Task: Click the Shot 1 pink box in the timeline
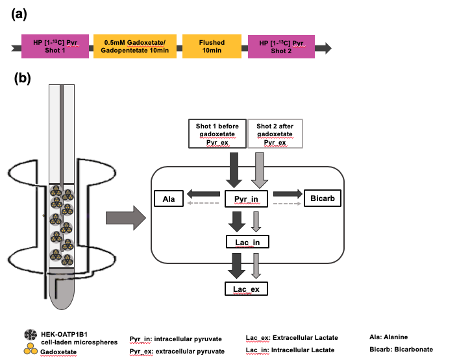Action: [x=55, y=47]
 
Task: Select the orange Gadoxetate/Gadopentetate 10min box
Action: [x=134, y=47]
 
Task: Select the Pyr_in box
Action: [x=246, y=198]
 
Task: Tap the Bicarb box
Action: [x=323, y=198]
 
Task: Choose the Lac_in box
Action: [x=247, y=243]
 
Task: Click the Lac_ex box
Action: [x=246, y=289]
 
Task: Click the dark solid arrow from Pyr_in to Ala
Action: [x=204, y=193]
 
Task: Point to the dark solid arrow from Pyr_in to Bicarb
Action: [x=288, y=193]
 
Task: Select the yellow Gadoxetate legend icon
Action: [x=29, y=350]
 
